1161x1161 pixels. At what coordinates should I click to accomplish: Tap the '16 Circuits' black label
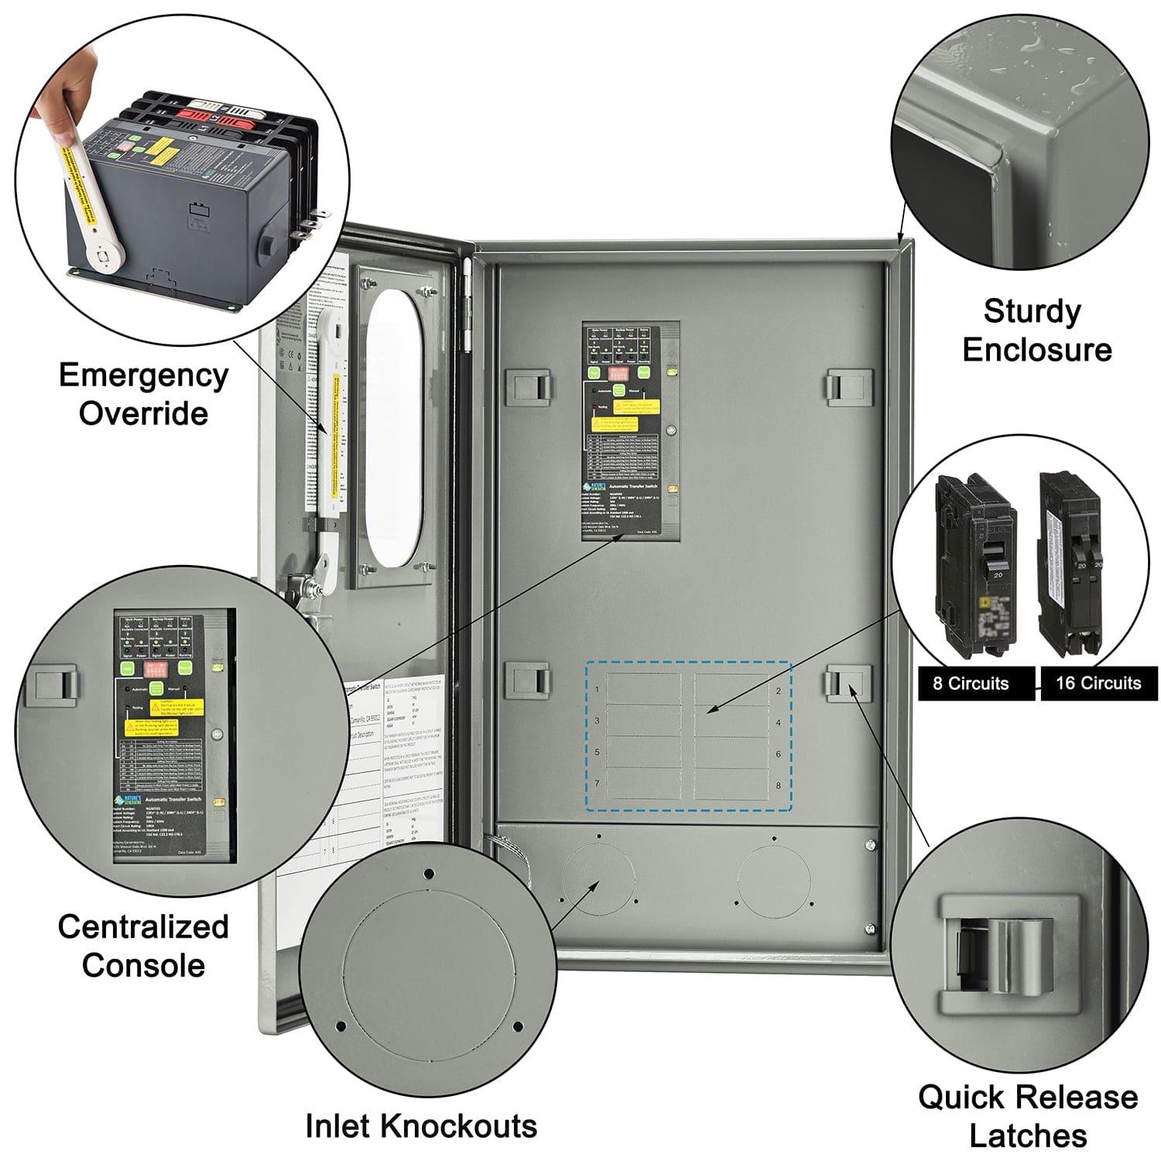click(x=1098, y=683)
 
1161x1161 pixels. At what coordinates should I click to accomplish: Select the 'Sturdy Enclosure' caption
click(x=1036, y=330)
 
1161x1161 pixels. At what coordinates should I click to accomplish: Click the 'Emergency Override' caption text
click(x=143, y=394)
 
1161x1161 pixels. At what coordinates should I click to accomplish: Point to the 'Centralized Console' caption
click(x=143, y=946)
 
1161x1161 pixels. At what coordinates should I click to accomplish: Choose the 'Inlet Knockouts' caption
click(x=421, y=1126)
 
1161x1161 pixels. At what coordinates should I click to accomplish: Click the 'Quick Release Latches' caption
click(x=1027, y=1116)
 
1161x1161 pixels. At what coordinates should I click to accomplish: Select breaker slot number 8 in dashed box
click(x=731, y=784)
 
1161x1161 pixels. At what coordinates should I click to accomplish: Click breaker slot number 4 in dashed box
click(x=731, y=721)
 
